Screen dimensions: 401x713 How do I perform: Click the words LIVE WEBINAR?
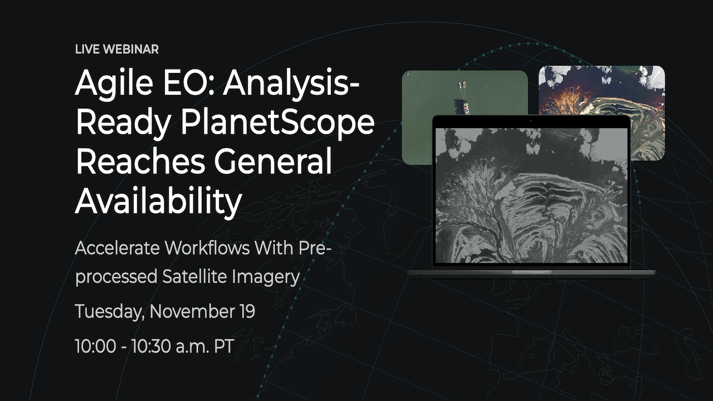[x=116, y=50]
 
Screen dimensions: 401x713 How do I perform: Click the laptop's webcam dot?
[x=531, y=120]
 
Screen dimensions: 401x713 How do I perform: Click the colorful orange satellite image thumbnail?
[x=602, y=89]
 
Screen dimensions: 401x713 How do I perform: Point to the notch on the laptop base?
[x=531, y=272]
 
